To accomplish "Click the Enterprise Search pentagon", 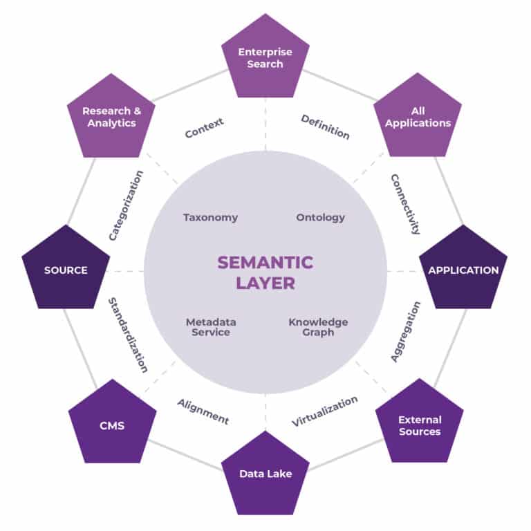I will pos(265,59).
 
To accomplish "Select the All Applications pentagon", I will pos(418,117).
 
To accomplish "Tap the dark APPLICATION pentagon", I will pos(463,270).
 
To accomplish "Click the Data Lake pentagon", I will pos(265,474).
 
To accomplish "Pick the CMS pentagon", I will pos(112,425).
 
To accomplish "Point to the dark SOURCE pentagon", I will pos(66,270).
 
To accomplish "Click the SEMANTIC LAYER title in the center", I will pos(265,272).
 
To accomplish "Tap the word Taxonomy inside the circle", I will pos(210,217).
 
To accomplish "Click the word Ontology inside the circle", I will pos(320,217).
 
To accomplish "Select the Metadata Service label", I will pos(211,327).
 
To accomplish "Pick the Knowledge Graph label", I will pos(318,327).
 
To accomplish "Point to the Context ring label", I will pos(204,128).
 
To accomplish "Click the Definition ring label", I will pos(325,127).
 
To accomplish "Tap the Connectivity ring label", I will pos(405,204).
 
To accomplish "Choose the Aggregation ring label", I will pos(405,331).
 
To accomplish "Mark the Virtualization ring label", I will pos(324,411).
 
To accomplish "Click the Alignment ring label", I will pos(203,411).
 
